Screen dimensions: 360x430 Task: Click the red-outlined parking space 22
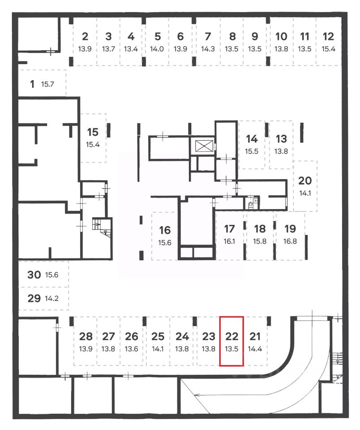click(231, 341)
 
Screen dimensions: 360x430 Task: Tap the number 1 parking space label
click(32, 84)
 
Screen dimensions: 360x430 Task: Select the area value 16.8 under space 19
click(290, 241)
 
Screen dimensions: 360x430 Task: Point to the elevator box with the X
click(202, 146)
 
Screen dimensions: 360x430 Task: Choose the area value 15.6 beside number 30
click(52, 275)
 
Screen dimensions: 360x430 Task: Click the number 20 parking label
click(305, 181)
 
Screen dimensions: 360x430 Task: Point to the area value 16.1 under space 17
click(229, 241)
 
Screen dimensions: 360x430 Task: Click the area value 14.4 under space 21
click(255, 349)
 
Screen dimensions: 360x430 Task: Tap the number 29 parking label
click(34, 298)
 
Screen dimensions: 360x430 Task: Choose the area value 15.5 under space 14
click(252, 151)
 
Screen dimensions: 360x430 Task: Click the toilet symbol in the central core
click(251, 206)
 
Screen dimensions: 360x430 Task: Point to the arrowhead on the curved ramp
click(197, 395)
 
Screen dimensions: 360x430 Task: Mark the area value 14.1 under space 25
click(158, 349)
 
